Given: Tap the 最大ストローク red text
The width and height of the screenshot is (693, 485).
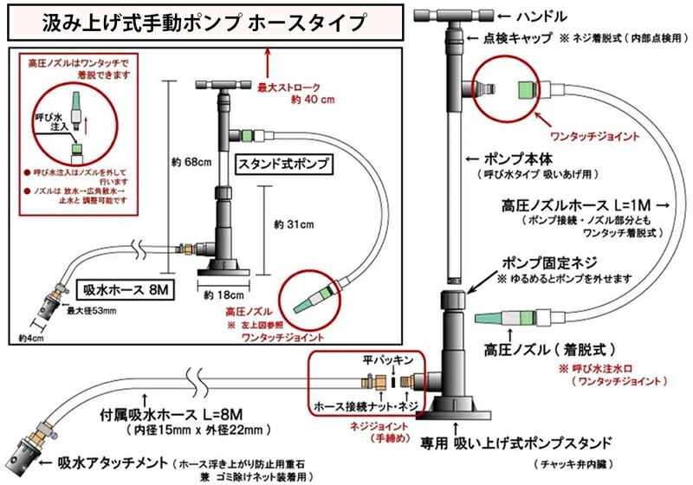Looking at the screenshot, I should [x=288, y=87].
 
